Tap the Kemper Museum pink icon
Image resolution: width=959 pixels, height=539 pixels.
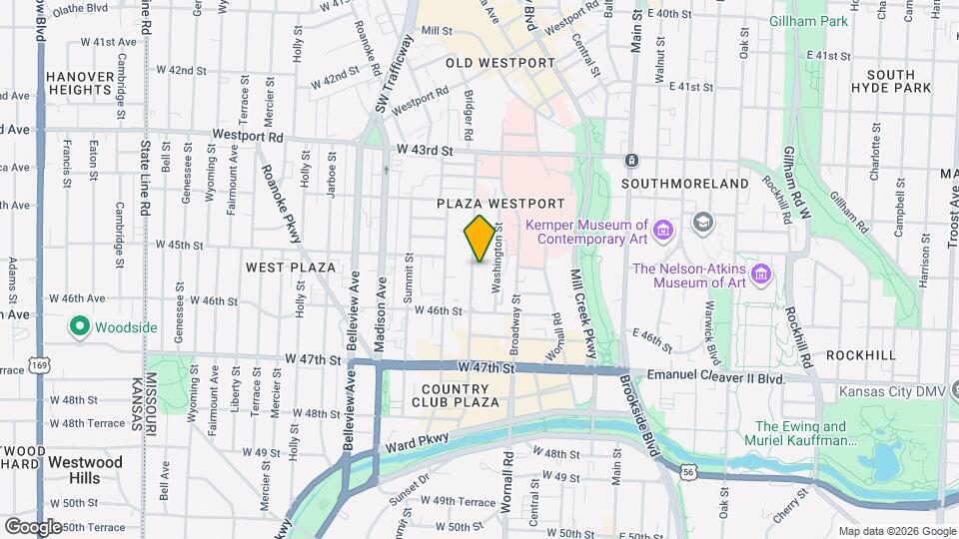click(661, 233)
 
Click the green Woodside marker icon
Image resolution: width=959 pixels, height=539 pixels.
click(79, 326)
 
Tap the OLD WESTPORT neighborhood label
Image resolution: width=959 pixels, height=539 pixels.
click(499, 63)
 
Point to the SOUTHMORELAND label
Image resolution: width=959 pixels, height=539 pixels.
click(684, 184)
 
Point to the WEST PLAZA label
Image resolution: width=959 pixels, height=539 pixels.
click(291, 268)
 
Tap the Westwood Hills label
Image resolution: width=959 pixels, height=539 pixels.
click(85, 470)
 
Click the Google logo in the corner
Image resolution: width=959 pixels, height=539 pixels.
click(33, 526)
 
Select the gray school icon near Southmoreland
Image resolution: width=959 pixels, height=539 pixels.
click(703, 221)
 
